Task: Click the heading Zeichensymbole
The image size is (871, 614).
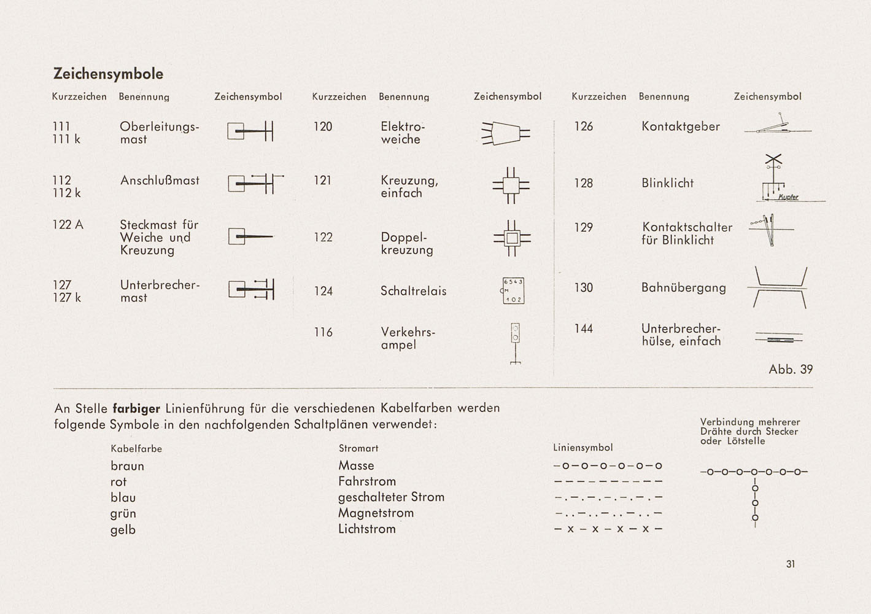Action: pyautogui.click(x=108, y=74)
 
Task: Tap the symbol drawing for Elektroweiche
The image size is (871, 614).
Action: pyautogui.click(x=505, y=133)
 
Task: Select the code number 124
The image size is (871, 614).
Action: pyautogui.click(x=323, y=291)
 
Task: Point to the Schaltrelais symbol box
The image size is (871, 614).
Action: pyautogui.click(x=513, y=291)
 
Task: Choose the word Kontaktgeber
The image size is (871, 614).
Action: pyautogui.click(x=680, y=126)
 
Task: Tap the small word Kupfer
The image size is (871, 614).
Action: pyautogui.click(x=788, y=197)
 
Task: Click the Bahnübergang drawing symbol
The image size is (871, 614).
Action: pyautogui.click(x=777, y=287)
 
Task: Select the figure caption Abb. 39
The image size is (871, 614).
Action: pyautogui.click(x=791, y=369)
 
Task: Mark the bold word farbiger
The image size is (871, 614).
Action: pyautogui.click(x=136, y=408)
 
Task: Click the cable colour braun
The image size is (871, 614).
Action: pyautogui.click(x=127, y=466)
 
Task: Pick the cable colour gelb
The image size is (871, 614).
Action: pyautogui.click(x=123, y=530)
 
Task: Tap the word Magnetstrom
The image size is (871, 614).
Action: pyautogui.click(x=376, y=513)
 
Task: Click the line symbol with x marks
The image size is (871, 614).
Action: pyautogui.click(x=608, y=529)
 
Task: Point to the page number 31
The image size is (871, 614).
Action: pyautogui.click(x=791, y=564)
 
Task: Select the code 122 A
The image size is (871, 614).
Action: pyautogui.click(x=68, y=225)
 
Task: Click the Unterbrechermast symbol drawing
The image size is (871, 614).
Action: pyautogui.click(x=251, y=289)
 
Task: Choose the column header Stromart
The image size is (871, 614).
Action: pyautogui.click(x=358, y=448)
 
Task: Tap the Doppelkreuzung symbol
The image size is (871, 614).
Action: pyautogui.click(x=511, y=238)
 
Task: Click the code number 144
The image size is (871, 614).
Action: pyautogui.click(x=583, y=328)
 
